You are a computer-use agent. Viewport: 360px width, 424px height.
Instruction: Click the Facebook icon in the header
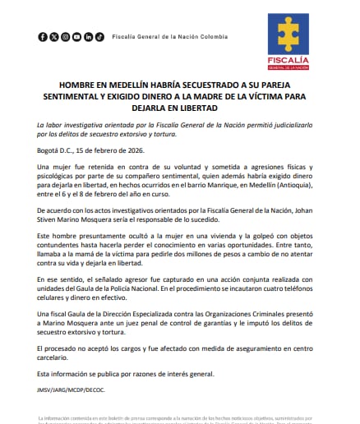coord(43,37)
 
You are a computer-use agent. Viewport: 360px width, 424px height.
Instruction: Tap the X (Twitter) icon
coord(54,37)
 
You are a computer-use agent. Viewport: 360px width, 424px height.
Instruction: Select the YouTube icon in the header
coord(66,37)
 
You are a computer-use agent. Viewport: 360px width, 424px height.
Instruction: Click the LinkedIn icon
coord(88,37)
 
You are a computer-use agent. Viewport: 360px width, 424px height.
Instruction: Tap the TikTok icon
coord(99,37)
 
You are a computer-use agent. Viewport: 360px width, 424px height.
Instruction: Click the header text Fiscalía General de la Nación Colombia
coord(168,37)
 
